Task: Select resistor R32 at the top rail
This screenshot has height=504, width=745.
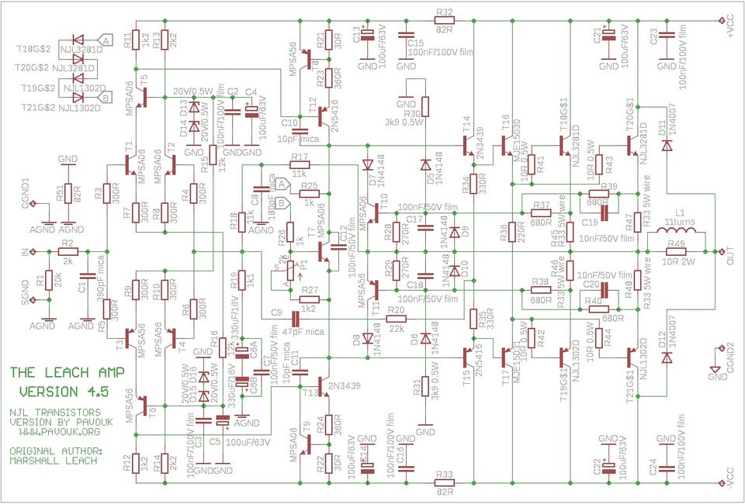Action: point(445,21)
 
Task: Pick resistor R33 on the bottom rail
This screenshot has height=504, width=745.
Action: point(445,482)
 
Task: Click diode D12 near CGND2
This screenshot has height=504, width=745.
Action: point(667,357)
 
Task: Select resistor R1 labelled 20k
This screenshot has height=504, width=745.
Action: point(49,280)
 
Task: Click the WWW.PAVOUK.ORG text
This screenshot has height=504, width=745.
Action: point(55,431)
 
